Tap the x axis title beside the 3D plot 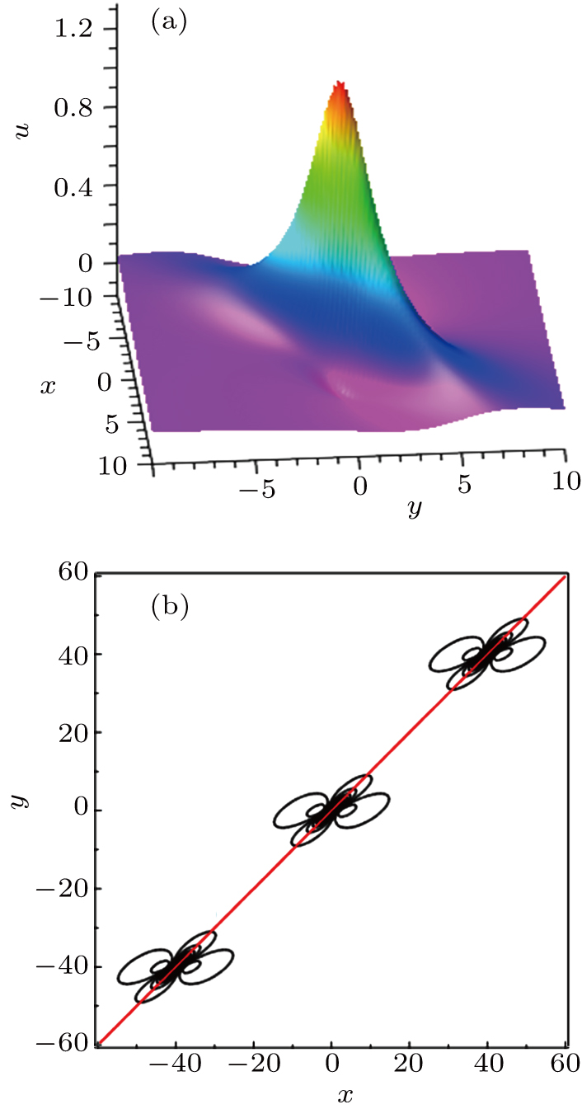click(48, 385)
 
